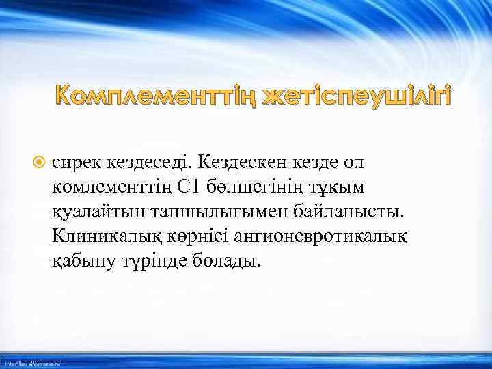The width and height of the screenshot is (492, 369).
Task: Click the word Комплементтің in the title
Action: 156,98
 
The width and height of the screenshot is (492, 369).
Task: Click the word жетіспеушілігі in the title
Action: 356,98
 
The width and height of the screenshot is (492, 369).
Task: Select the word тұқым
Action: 324,189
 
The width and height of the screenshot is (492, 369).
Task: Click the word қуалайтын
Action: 96,213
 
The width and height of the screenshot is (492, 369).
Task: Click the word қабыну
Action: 79,262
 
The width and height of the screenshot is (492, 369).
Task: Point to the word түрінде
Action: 146,262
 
